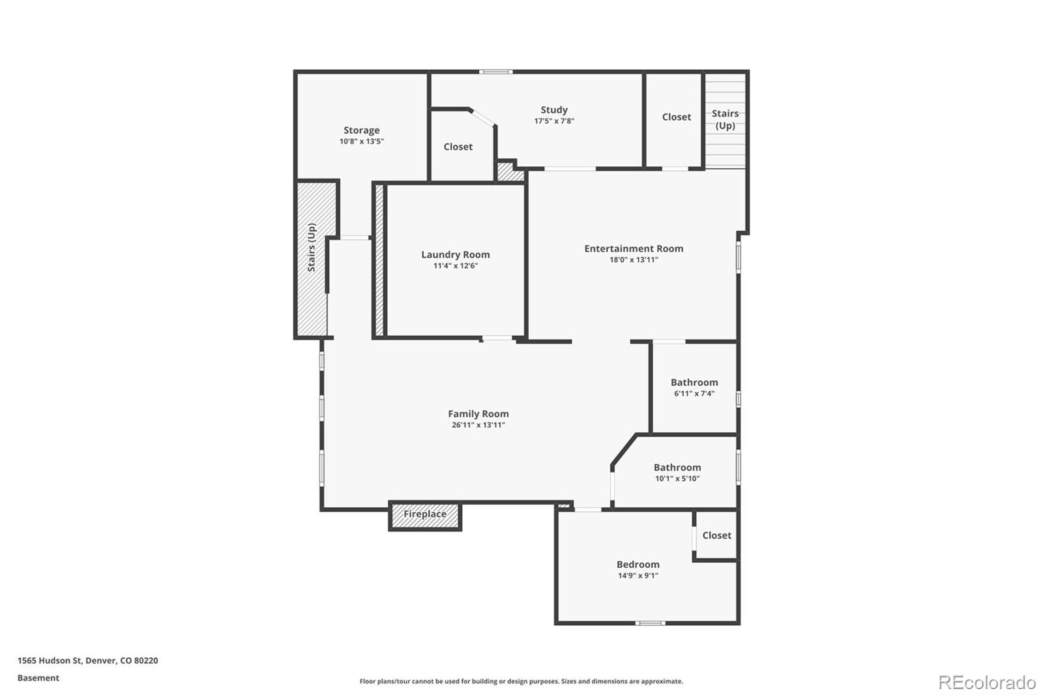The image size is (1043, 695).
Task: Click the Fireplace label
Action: pyautogui.click(x=424, y=514)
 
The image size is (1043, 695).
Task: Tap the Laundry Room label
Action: pyautogui.click(x=455, y=255)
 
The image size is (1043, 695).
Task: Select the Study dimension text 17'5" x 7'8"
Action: pyautogui.click(x=554, y=121)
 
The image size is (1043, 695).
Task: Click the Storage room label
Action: pyautogui.click(x=361, y=130)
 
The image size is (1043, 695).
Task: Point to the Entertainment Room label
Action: pyautogui.click(x=634, y=248)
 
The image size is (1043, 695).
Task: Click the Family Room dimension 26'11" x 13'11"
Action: pyautogui.click(x=478, y=425)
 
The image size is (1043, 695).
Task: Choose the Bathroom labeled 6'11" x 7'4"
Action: pyautogui.click(x=694, y=383)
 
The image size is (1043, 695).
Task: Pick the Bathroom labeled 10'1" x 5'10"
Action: pyautogui.click(x=677, y=467)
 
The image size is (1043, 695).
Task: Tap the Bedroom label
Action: pyautogui.click(x=638, y=565)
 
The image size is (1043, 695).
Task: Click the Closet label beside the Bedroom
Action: pyautogui.click(x=716, y=535)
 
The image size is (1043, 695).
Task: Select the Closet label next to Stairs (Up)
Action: pyautogui.click(x=676, y=117)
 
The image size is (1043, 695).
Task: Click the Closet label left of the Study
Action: pyautogui.click(x=458, y=147)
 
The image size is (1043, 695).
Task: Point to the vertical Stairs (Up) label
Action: pyautogui.click(x=312, y=248)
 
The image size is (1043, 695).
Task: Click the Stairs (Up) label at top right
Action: pyautogui.click(x=725, y=119)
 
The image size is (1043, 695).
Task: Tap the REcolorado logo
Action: pyautogui.click(x=986, y=683)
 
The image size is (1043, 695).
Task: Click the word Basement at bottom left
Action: pyautogui.click(x=38, y=678)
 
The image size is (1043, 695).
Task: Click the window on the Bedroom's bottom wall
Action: pyautogui.click(x=650, y=623)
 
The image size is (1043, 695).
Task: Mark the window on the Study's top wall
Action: pyautogui.click(x=495, y=72)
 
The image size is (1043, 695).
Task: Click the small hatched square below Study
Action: pyautogui.click(x=510, y=173)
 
